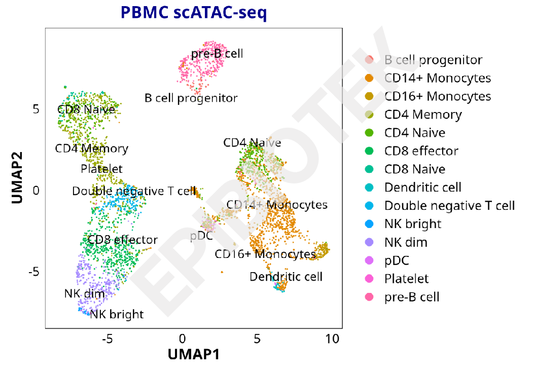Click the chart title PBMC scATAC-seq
click(193, 13)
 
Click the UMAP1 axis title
click(194, 354)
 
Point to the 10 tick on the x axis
click(332, 339)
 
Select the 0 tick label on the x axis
click(182, 339)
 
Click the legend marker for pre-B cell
click(369, 297)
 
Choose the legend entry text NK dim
click(406, 242)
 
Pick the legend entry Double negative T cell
click(449, 206)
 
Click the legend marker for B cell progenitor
click(369, 60)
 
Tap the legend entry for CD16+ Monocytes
click(437, 96)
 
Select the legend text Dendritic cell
click(423, 188)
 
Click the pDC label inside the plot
click(201, 236)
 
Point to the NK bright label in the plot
click(117, 314)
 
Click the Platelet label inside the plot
click(101, 168)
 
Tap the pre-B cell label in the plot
click(217, 53)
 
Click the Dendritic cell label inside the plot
click(286, 277)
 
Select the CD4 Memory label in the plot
click(92, 148)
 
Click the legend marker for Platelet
click(369, 279)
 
